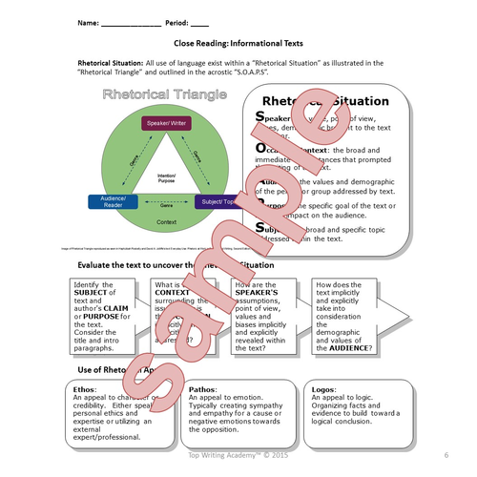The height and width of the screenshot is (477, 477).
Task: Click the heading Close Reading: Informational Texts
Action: click(238, 43)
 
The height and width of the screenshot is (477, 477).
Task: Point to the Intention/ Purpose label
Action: click(167, 176)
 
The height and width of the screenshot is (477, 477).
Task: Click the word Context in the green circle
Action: click(167, 220)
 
